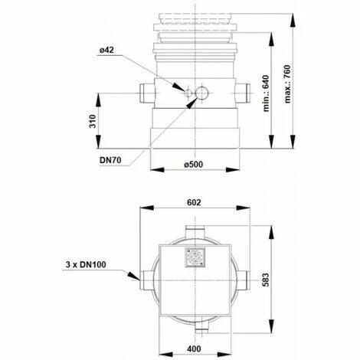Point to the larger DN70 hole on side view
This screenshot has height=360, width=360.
pos(201,93)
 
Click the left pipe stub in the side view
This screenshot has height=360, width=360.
pos(146,93)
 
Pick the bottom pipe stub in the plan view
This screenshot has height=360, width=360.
pos(201,327)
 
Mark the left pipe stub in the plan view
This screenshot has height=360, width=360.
pos(145,278)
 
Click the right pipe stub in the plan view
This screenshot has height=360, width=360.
pos(245,278)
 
